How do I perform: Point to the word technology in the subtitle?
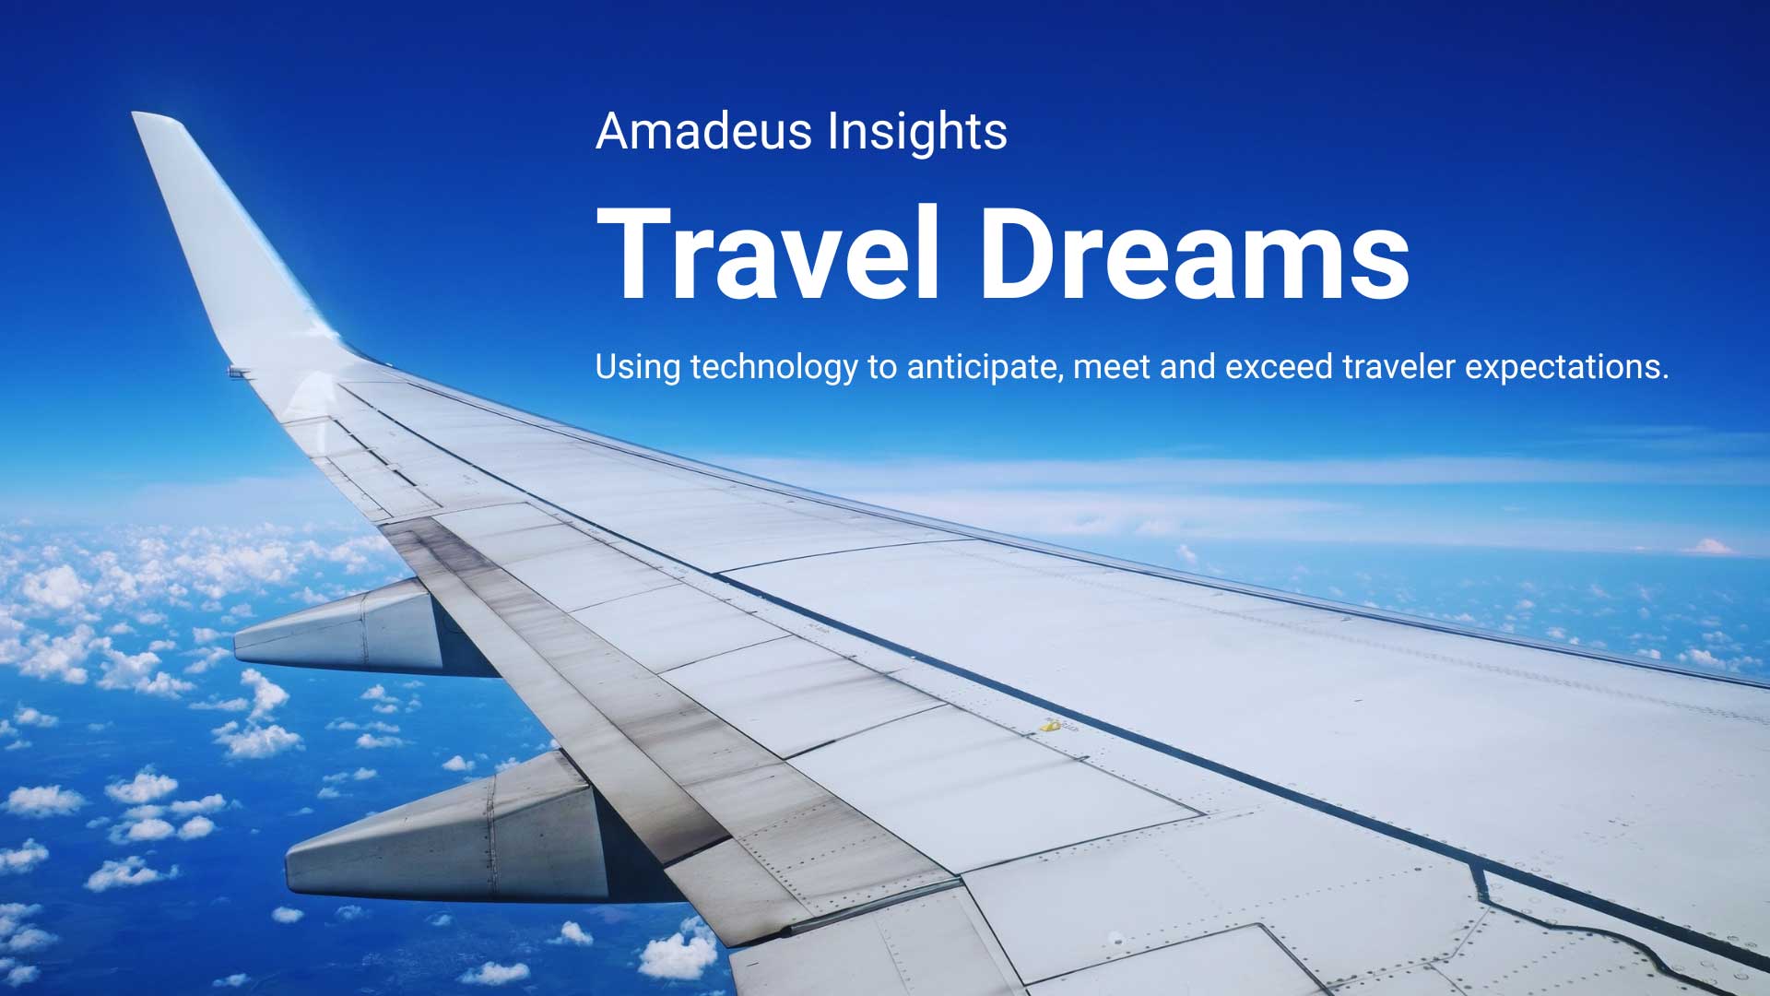click(x=773, y=367)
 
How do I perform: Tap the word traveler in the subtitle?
click(x=1398, y=367)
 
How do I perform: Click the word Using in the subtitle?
click(x=637, y=367)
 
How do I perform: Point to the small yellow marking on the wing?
click(x=1048, y=727)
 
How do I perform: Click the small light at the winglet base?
click(x=239, y=372)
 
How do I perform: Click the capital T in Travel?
click(x=636, y=254)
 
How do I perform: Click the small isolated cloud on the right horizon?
click(x=1712, y=547)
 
